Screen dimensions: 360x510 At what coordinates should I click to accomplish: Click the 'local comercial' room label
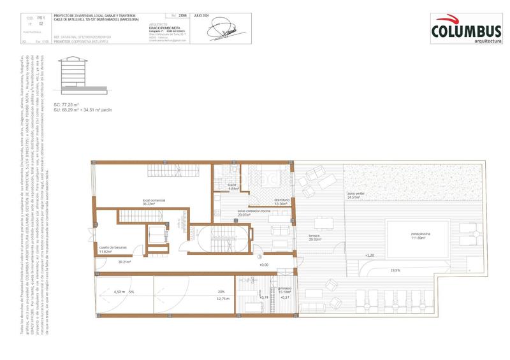154,200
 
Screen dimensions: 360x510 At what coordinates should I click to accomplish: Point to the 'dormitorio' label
282,200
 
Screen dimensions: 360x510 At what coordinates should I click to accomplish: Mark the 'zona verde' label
356,193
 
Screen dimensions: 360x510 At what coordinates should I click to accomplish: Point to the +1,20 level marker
369,255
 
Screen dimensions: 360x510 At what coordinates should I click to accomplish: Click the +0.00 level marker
263,264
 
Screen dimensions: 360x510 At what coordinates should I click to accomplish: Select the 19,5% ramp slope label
395,270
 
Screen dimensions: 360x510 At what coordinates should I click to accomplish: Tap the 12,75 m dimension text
222,298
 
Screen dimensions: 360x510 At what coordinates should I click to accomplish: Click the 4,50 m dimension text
119,291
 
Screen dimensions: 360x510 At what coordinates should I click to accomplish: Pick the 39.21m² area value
124,261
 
